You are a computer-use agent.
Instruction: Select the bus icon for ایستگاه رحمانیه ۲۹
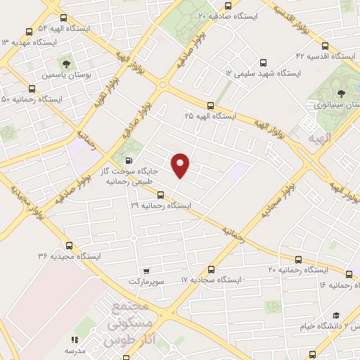(x=160, y=195)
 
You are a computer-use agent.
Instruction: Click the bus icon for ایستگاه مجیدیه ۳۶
(x=69, y=245)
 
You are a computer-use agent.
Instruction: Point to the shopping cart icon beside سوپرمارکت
(x=145, y=271)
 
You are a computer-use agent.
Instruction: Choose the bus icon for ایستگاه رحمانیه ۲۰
(x=298, y=259)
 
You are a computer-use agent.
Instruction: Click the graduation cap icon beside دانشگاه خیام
(x=336, y=315)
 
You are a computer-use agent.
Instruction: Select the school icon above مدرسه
(x=74, y=340)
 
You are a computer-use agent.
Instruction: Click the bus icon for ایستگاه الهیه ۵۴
(x=29, y=31)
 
